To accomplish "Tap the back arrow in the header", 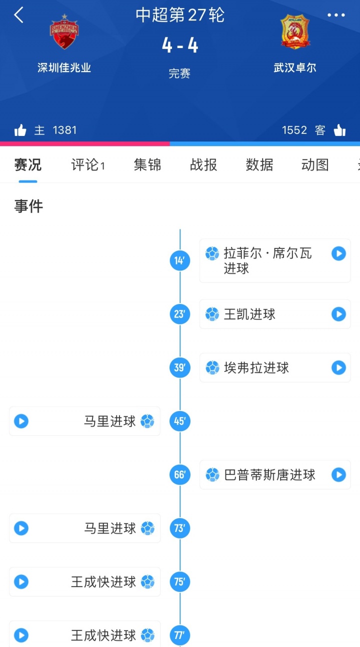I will point(18,15).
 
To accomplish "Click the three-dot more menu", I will point(336,15).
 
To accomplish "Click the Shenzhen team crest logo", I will point(64,32).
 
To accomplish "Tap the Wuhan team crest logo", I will point(295,32).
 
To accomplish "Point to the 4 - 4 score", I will point(180,46).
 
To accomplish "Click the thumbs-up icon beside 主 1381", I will point(20,130).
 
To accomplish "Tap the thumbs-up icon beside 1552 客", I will point(339,130).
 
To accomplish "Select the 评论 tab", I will point(88,165).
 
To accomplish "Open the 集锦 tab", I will point(147,165).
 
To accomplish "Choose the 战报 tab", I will point(203,165).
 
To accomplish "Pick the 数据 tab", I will point(259,165).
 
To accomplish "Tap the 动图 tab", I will point(315,165).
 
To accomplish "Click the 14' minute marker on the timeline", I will point(180,260).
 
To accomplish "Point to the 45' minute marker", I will point(180,421).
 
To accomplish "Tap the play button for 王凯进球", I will point(338,314).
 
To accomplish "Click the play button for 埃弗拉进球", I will point(338,367).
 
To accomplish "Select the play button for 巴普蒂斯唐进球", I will point(338,474).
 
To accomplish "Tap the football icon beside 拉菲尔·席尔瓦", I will point(212,253).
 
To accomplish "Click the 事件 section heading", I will point(28,206).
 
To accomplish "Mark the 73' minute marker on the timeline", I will point(180,528).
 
